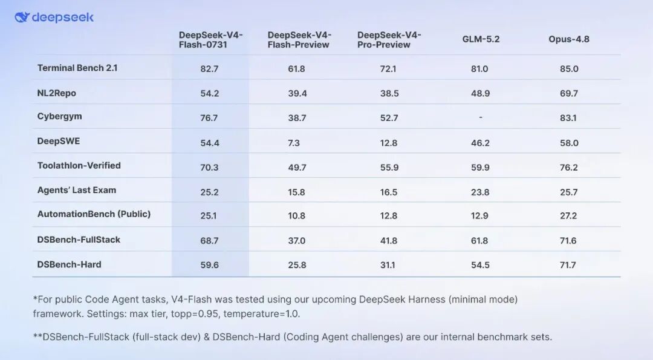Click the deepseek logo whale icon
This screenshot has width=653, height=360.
(x=22, y=17)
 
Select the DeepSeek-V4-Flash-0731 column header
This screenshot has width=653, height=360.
(x=211, y=39)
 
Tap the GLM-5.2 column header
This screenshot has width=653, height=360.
(x=481, y=39)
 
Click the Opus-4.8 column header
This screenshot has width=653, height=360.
(x=569, y=39)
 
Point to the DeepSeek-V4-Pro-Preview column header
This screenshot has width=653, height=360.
(x=389, y=39)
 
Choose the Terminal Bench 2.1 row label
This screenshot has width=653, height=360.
(x=77, y=68)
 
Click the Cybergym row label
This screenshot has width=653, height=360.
(x=59, y=116)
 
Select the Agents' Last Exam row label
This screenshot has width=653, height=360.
(x=77, y=190)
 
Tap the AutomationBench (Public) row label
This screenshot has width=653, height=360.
(x=94, y=214)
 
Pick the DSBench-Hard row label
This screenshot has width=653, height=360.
(x=69, y=264)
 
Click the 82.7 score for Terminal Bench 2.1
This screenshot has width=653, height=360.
(x=209, y=69)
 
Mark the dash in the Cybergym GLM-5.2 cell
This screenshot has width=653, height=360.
(x=481, y=117)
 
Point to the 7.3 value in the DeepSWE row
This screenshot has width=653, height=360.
(x=294, y=143)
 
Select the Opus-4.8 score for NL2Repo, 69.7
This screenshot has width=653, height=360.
(x=569, y=93)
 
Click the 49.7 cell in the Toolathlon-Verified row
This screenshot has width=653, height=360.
(x=297, y=168)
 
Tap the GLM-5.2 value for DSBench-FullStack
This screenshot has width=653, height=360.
(x=479, y=240)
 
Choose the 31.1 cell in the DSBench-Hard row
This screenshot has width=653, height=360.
(x=388, y=265)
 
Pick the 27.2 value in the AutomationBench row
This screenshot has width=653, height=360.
(x=568, y=216)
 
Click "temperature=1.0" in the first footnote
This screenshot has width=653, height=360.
(x=262, y=314)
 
